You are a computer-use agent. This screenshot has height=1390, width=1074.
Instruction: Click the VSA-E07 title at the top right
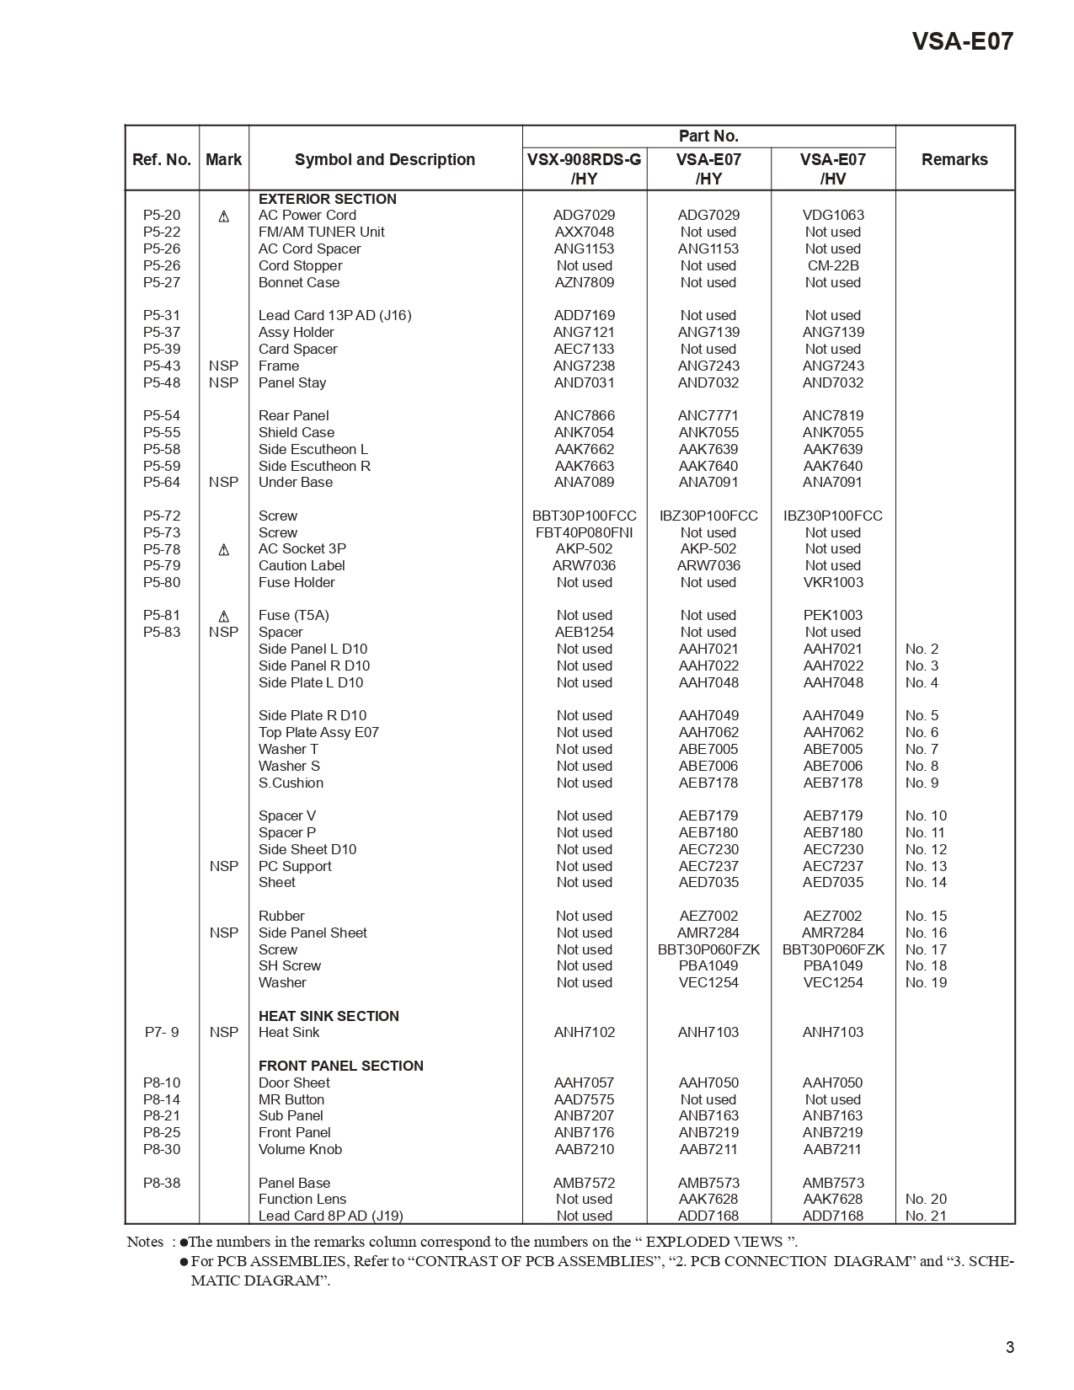pos(962,41)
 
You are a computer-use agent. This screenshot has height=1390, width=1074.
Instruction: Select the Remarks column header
pos(954,159)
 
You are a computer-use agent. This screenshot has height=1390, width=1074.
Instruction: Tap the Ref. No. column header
pos(162,159)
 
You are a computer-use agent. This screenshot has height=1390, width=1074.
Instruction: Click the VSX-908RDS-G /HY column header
pos(584,168)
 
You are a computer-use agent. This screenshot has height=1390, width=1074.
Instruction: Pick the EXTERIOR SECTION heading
pos(327,199)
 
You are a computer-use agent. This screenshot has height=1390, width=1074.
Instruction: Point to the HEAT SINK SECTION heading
pos(329,1016)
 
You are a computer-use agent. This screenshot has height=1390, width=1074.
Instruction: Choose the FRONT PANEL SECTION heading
pos(340,1066)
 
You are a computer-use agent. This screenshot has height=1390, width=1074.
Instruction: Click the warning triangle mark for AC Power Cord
pos(224,217)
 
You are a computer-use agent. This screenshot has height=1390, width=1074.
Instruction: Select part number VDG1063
pos(832,216)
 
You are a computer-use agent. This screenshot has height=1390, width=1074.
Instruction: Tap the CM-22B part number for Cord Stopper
pos(832,265)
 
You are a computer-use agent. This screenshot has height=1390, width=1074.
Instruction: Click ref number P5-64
pos(162,482)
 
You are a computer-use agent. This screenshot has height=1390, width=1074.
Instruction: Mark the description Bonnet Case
pos(298,282)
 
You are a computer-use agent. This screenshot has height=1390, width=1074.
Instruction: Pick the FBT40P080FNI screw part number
pos(584,532)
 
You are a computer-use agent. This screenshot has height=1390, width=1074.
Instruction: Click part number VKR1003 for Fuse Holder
pos(832,582)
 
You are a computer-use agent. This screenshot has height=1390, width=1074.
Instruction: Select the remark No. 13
pos(926,866)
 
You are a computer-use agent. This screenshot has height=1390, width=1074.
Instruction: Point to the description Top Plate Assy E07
pos(318,732)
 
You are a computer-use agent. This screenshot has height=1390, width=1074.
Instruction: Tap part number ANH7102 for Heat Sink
pos(584,1032)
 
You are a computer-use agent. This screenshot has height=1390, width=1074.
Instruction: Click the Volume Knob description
pos(300,1149)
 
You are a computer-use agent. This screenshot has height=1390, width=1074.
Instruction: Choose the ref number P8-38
pos(162,1183)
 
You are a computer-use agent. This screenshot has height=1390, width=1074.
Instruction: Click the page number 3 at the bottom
pos(1009,1347)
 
